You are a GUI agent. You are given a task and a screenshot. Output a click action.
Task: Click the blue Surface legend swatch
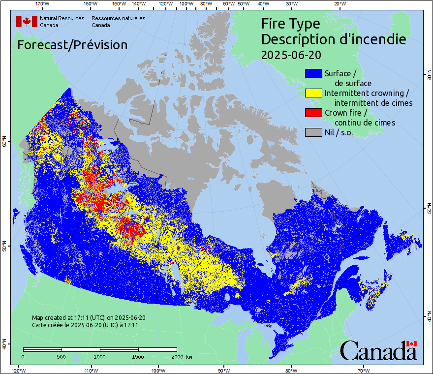(x=313, y=73)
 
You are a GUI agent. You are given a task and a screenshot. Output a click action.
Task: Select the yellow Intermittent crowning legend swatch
(x=313, y=93)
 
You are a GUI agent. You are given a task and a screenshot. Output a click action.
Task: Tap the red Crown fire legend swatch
(x=313, y=113)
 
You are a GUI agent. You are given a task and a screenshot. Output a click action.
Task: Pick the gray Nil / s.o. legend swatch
(x=313, y=132)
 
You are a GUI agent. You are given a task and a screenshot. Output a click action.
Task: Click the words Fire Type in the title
(x=290, y=24)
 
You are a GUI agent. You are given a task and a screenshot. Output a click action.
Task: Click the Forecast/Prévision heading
(x=72, y=45)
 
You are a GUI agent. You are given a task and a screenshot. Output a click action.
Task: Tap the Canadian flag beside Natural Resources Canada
(x=27, y=22)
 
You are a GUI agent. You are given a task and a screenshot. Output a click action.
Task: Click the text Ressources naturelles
(x=118, y=18)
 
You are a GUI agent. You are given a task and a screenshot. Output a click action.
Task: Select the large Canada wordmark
(x=378, y=351)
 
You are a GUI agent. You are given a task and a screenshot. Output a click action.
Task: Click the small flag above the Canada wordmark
(x=411, y=343)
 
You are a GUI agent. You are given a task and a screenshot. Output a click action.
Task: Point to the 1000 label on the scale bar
(x=100, y=356)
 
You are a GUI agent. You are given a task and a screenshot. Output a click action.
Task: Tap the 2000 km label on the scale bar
(x=182, y=356)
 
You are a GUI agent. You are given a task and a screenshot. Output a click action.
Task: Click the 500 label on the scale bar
(x=62, y=356)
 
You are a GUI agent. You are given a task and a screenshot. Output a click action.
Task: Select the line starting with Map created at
(x=89, y=318)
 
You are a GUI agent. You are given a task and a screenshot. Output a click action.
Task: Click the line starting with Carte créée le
(x=85, y=325)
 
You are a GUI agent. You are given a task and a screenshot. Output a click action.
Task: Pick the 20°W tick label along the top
(x=339, y=4)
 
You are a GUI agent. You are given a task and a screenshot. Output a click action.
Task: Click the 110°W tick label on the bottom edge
(x=91, y=370)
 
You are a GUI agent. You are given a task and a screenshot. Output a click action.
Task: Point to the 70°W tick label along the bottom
(x=364, y=370)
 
